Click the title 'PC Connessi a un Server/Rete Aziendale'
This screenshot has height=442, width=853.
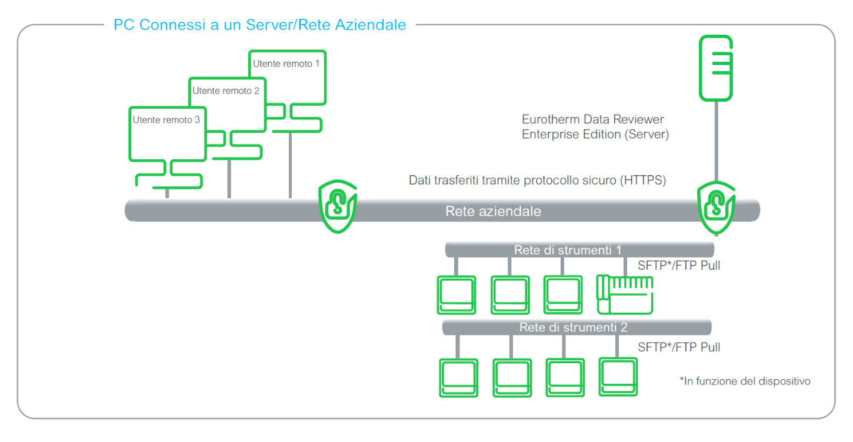[259, 25]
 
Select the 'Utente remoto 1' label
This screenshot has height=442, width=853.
[286, 63]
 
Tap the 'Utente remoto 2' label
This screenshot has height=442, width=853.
[225, 91]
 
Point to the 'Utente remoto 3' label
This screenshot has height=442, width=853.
[166, 120]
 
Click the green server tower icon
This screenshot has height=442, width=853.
[715, 68]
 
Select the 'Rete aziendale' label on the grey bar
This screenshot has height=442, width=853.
[493, 211]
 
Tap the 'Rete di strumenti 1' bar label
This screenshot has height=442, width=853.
[567, 250]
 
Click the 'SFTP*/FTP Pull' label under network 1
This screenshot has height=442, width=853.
[679, 266]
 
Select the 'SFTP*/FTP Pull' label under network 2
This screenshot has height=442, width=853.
[679, 347]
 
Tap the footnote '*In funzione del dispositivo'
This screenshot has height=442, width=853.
[745, 381]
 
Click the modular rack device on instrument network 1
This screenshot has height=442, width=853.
[625, 294]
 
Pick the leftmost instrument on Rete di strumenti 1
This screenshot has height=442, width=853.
[455, 295]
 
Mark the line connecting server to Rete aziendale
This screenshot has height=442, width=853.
[715, 141]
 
